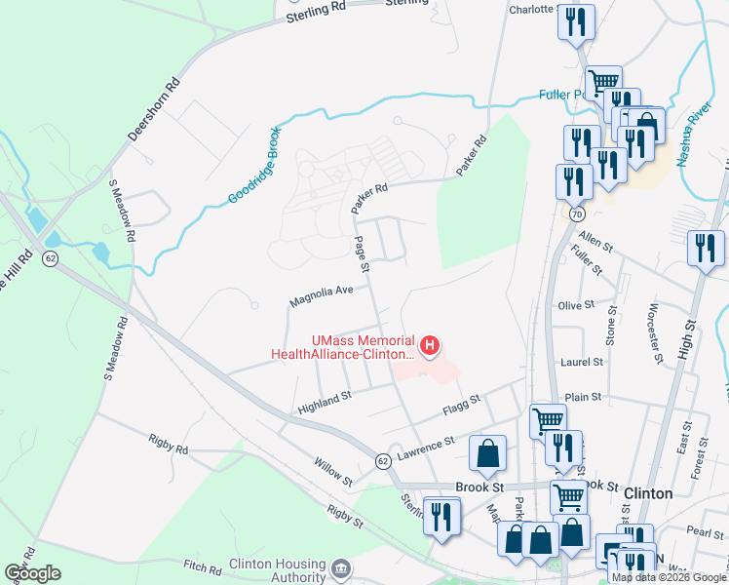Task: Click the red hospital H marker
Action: [x=428, y=345]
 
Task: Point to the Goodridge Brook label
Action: [x=254, y=165]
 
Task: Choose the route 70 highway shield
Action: [x=577, y=212]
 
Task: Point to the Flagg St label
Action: [x=462, y=403]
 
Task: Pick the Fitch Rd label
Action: [x=204, y=565]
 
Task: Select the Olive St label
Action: [x=576, y=305]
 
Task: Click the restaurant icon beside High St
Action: [x=706, y=248]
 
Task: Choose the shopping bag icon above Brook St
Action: [x=487, y=453]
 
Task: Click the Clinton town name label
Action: [x=647, y=493]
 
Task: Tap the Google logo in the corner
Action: [x=32, y=573]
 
